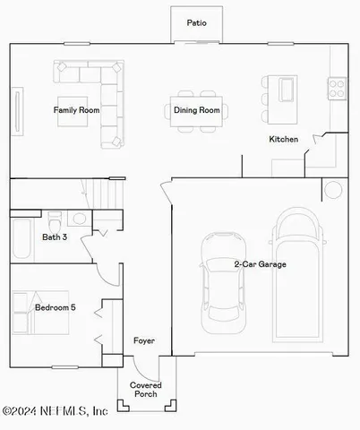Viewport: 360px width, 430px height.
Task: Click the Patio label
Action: [x=196, y=22]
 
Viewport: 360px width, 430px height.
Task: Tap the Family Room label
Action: [x=76, y=110]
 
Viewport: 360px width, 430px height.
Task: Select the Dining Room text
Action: [x=196, y=110]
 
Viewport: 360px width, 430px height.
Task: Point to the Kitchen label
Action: [x=284, y=140]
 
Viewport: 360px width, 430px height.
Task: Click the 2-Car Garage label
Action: [x=261, y=264]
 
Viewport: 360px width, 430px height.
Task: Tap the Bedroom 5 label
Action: [x=55, y=308]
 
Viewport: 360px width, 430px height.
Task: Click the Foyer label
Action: [x=144, y=341]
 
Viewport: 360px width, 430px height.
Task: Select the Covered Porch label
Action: [x=145, y=391]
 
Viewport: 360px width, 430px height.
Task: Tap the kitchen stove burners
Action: [x=338, y=88]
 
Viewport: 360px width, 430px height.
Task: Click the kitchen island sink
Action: [x=287, y=89]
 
